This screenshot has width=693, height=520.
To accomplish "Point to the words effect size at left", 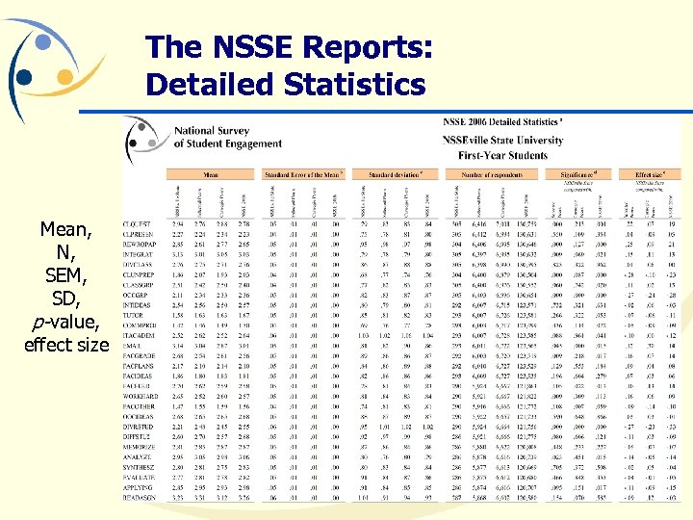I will tap(65, 344).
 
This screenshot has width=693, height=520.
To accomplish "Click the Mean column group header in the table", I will tap(211, 175).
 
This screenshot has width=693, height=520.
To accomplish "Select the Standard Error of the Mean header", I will tap(302, 175).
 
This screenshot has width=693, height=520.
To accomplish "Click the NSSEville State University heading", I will tap(503, 141).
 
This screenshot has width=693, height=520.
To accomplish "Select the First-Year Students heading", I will tap(502, 155).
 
